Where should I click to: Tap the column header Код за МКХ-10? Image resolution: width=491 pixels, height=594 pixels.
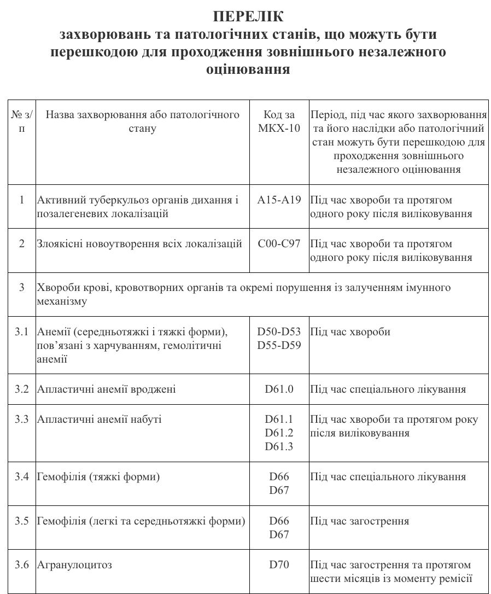coord(279,121)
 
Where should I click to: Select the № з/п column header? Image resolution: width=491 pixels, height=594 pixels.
coord(22,121)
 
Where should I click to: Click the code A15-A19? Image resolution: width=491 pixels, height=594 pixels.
coord(279,200)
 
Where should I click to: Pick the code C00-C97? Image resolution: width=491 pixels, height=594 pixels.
coord(279,244)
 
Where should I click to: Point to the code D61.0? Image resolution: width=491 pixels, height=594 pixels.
coord(279,389)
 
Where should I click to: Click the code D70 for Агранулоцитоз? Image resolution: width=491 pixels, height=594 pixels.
coord(279,564)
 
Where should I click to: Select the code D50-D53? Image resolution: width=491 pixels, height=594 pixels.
coord(279,331)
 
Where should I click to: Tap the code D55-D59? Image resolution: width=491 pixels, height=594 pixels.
coord(279,345)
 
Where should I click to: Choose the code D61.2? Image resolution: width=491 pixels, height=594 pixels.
coord(279,433)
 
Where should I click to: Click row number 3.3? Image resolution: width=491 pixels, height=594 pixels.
coord(22,420)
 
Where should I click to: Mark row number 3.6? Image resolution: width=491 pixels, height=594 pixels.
coord(22,564)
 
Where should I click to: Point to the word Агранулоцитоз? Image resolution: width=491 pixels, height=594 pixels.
coord(74,564)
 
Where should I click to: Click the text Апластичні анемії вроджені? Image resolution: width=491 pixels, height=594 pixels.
coord(107,389)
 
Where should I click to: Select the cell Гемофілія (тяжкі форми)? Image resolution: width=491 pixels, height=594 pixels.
coord(98,477)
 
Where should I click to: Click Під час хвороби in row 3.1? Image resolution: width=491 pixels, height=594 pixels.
coord(350,331)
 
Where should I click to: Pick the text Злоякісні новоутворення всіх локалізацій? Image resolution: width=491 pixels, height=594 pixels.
coord(139,244)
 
